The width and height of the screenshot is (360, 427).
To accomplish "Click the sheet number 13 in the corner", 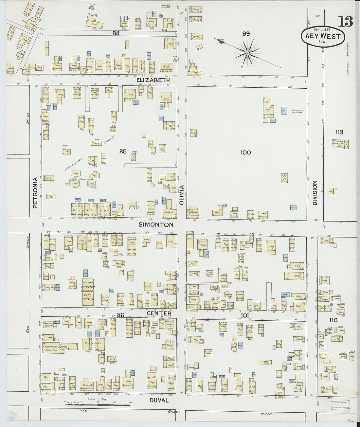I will tap(346, 22).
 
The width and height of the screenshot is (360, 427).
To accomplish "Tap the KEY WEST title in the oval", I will tap(323, 36).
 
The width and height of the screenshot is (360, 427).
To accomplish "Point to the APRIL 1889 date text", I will tap(322, 29).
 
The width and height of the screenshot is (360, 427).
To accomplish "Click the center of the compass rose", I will tap(248, 52).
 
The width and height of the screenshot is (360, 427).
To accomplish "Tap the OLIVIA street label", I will tap(182, 195).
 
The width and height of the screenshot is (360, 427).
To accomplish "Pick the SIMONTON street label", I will tap(155, 225).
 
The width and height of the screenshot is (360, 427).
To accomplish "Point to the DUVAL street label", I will tap(159, 400).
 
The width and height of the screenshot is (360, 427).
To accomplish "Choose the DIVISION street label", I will tap(315, 193).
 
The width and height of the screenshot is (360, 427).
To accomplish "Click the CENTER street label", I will tap(159, 313).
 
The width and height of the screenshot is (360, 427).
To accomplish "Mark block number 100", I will tap(245, 152).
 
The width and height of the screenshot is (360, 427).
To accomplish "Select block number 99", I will tap(246, 33).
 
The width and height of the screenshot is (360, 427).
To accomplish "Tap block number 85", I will tap(123, 151).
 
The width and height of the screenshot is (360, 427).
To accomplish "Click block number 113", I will tap(339, 132).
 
